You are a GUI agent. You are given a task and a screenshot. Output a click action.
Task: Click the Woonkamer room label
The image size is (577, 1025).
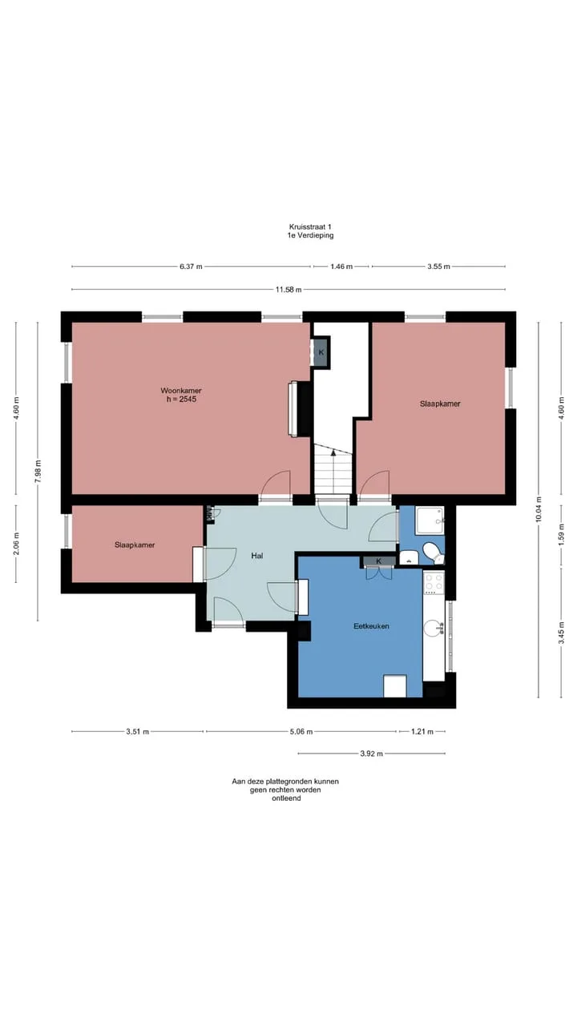point(181,390)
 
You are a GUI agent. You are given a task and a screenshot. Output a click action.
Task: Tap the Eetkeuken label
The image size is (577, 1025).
point(371,626)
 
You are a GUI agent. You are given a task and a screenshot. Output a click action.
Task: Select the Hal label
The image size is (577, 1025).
point(257,556)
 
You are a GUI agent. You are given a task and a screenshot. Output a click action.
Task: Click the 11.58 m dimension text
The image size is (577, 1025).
point(288,290)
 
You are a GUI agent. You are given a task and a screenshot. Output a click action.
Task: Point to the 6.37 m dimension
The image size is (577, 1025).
point(191,267)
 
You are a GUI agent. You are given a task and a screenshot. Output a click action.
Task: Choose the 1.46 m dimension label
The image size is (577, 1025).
point(341,267)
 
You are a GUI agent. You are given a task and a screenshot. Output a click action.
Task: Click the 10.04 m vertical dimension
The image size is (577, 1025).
point(539,508)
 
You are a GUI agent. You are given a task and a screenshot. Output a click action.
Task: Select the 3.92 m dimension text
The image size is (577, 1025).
point(371,754)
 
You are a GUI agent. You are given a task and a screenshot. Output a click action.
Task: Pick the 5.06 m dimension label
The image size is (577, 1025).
point(301,732)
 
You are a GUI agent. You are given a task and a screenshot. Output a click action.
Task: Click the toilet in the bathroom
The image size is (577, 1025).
point(434,552)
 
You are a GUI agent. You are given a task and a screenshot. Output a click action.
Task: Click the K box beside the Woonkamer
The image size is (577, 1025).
point(321,352)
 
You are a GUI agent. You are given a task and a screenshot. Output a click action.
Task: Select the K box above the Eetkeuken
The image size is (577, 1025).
point(379,561)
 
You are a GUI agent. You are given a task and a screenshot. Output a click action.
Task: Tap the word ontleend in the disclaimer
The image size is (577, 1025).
point(286,798)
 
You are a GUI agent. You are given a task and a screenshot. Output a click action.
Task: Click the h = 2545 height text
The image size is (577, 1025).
point(181,399)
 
